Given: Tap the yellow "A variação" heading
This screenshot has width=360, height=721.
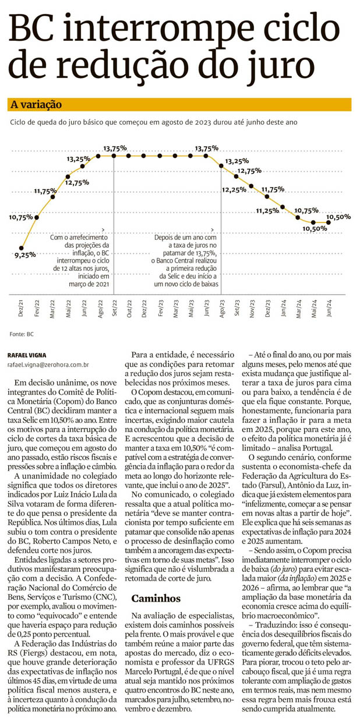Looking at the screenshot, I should click(x=36, y=105).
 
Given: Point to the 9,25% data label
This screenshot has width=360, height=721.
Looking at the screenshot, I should click(x=25, y=255).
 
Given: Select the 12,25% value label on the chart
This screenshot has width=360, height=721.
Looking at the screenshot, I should click(x=234, y=190).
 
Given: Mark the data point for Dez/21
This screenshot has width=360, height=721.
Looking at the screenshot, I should click(x=22, y=247).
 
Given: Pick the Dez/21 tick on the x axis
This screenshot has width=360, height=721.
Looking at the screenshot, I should click(x=22, y=306).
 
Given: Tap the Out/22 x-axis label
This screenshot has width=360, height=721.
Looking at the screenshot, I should click(x=129, y=306).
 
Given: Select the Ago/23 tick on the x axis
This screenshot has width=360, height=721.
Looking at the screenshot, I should click(x=222, y=306).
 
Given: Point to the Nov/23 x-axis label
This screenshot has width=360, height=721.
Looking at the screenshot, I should click(x=252, y=306).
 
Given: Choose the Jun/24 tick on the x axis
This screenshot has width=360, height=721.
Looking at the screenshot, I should click(x=330, y=306).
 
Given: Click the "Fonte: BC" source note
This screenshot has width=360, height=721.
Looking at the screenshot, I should click(x=22, y=334).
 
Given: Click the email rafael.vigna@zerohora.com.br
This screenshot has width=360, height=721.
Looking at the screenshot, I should click(x=48, y=364).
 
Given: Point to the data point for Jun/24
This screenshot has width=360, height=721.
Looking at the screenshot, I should click(x=330, y=222).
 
